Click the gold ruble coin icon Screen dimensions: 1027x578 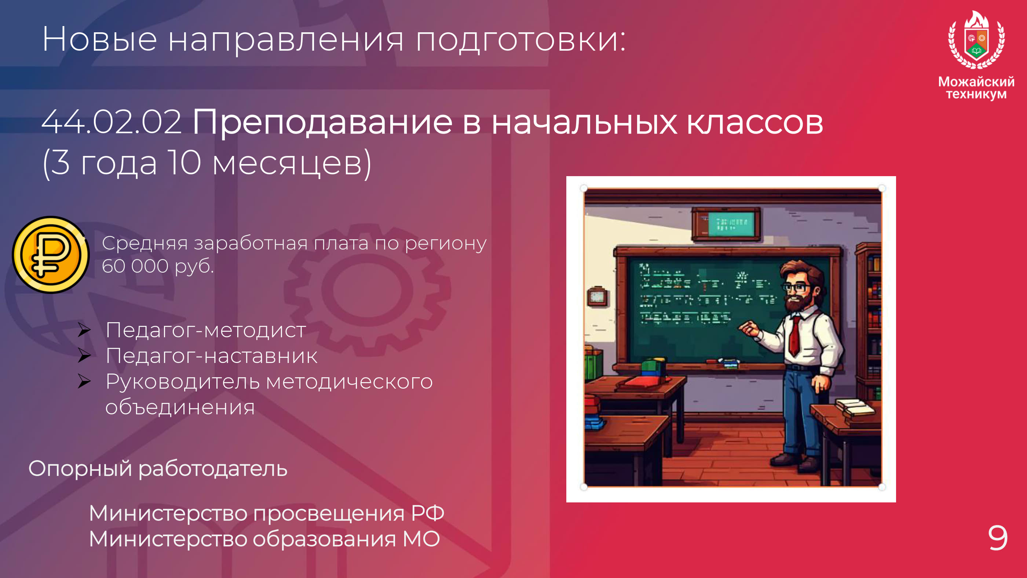click(x=51, y=254)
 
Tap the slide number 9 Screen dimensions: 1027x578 click(x=998, y=538)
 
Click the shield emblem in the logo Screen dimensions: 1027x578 click(x=976, y=40)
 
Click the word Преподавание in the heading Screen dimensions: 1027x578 click(x=322, y=123)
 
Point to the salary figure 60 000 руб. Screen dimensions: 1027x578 click(x=158, y=266)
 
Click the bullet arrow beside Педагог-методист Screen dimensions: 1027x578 click(x=84, y=330)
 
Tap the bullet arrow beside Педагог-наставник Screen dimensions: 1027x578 click(x=84, y=355)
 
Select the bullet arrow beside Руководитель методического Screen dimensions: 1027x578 click(x=84, y=381)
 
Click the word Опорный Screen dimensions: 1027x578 click(x=80, y=469)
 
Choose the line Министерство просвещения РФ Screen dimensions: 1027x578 click(x=266, y=513)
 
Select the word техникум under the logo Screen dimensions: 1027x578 click(x=976, y=94)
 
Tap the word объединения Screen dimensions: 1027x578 click(x=180, y=408)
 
